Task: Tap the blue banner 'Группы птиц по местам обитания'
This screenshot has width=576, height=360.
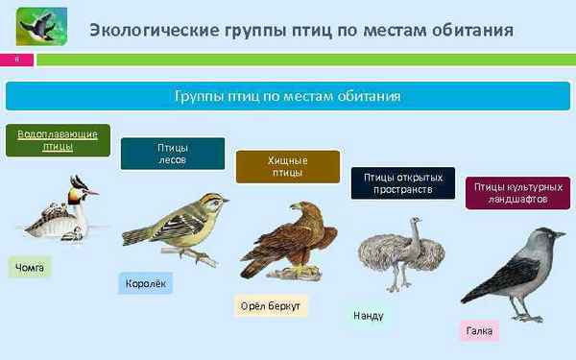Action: (287, 97)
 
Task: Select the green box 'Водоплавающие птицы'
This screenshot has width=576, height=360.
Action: (58, 140)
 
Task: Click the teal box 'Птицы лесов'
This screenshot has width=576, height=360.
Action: (173, 154)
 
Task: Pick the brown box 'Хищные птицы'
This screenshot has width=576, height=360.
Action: (288, 166)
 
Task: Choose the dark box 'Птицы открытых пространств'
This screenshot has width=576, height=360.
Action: (403, 182)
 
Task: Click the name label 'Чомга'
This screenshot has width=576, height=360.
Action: (30, 267)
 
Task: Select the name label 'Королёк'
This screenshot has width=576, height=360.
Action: (146, 283)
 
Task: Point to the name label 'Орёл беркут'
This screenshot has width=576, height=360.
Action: (272, 306)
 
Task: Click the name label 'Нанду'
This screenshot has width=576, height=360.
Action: (370, 315)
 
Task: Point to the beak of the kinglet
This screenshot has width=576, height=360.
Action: (226, 201)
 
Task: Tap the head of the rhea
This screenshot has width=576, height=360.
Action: (415, 222)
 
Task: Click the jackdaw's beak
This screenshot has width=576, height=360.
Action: (563, 234)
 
